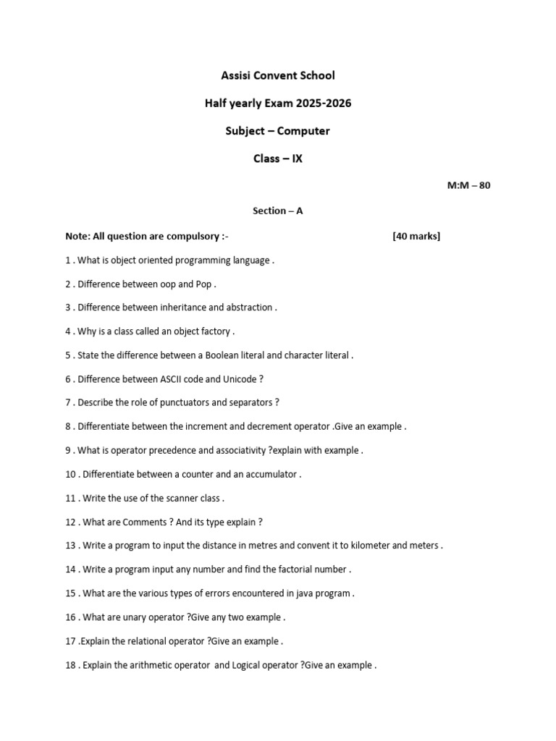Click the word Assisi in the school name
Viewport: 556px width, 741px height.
(x=236, y=75)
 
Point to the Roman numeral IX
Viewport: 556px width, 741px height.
(x=297, y=158)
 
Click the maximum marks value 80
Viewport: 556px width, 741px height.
(x=484, y=185)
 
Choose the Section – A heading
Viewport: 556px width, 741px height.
(x=277, y=211)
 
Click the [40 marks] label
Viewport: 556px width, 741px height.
(x=416, y=236)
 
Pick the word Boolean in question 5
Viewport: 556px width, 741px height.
(x=223, y=355)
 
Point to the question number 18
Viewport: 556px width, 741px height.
(x=71, y=665)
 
